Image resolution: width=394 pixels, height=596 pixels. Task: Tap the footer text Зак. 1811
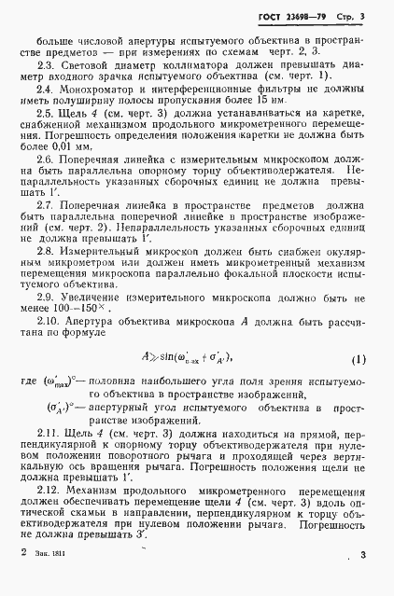(x=52, y=580)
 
